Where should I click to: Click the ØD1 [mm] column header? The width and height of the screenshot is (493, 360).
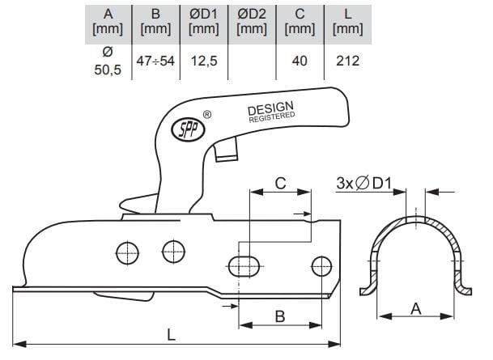point(204,22)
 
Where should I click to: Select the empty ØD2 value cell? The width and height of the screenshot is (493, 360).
point(252,61)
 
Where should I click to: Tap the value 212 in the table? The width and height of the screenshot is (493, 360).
point(347,61)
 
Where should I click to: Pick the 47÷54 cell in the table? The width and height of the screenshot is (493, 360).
point(155,61)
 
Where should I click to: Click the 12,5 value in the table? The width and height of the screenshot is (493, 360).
point(204,61)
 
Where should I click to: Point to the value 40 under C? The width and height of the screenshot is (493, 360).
point(300,61)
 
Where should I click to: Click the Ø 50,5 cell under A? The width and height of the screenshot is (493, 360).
point(108,61)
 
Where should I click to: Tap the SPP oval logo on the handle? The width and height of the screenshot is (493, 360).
point(188,129)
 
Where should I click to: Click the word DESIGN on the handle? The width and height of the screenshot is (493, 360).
point(270,108)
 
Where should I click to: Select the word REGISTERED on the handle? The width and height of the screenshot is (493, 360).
point(272,117)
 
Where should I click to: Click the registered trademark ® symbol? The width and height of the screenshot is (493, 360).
point(207,115)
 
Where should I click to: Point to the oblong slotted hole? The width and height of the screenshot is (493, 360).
point(244,266)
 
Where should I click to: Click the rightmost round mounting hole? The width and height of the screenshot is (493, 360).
point(321,266)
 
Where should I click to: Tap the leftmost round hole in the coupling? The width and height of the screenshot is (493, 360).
point(127,253)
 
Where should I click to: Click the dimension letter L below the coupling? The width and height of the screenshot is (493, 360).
point(171,335)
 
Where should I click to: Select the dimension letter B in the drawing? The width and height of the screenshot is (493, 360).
point(280,316)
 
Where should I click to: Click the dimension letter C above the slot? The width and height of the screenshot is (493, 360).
point(280,183)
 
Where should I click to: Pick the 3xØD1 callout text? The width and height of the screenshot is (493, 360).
point(364,183)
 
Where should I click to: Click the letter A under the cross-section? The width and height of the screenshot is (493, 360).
point(415,308)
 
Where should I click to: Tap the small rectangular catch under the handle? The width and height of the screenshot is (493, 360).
point(226,150)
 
